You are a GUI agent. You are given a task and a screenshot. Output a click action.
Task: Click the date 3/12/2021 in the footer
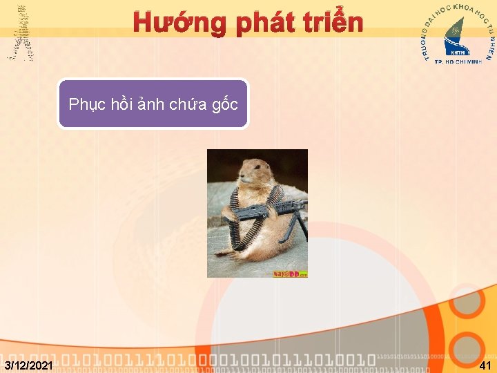(x=28, y=365)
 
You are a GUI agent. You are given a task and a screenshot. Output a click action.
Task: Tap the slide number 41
(x=485, y=365)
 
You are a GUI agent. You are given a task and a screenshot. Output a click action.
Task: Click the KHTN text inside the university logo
(x=457, y=51)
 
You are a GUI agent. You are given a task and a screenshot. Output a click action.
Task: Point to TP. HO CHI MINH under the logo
(x=458, y=61)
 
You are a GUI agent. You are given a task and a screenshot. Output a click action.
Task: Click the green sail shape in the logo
(x=455, y=30)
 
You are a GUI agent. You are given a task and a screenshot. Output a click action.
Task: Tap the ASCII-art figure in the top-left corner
(x=21, y=32)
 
